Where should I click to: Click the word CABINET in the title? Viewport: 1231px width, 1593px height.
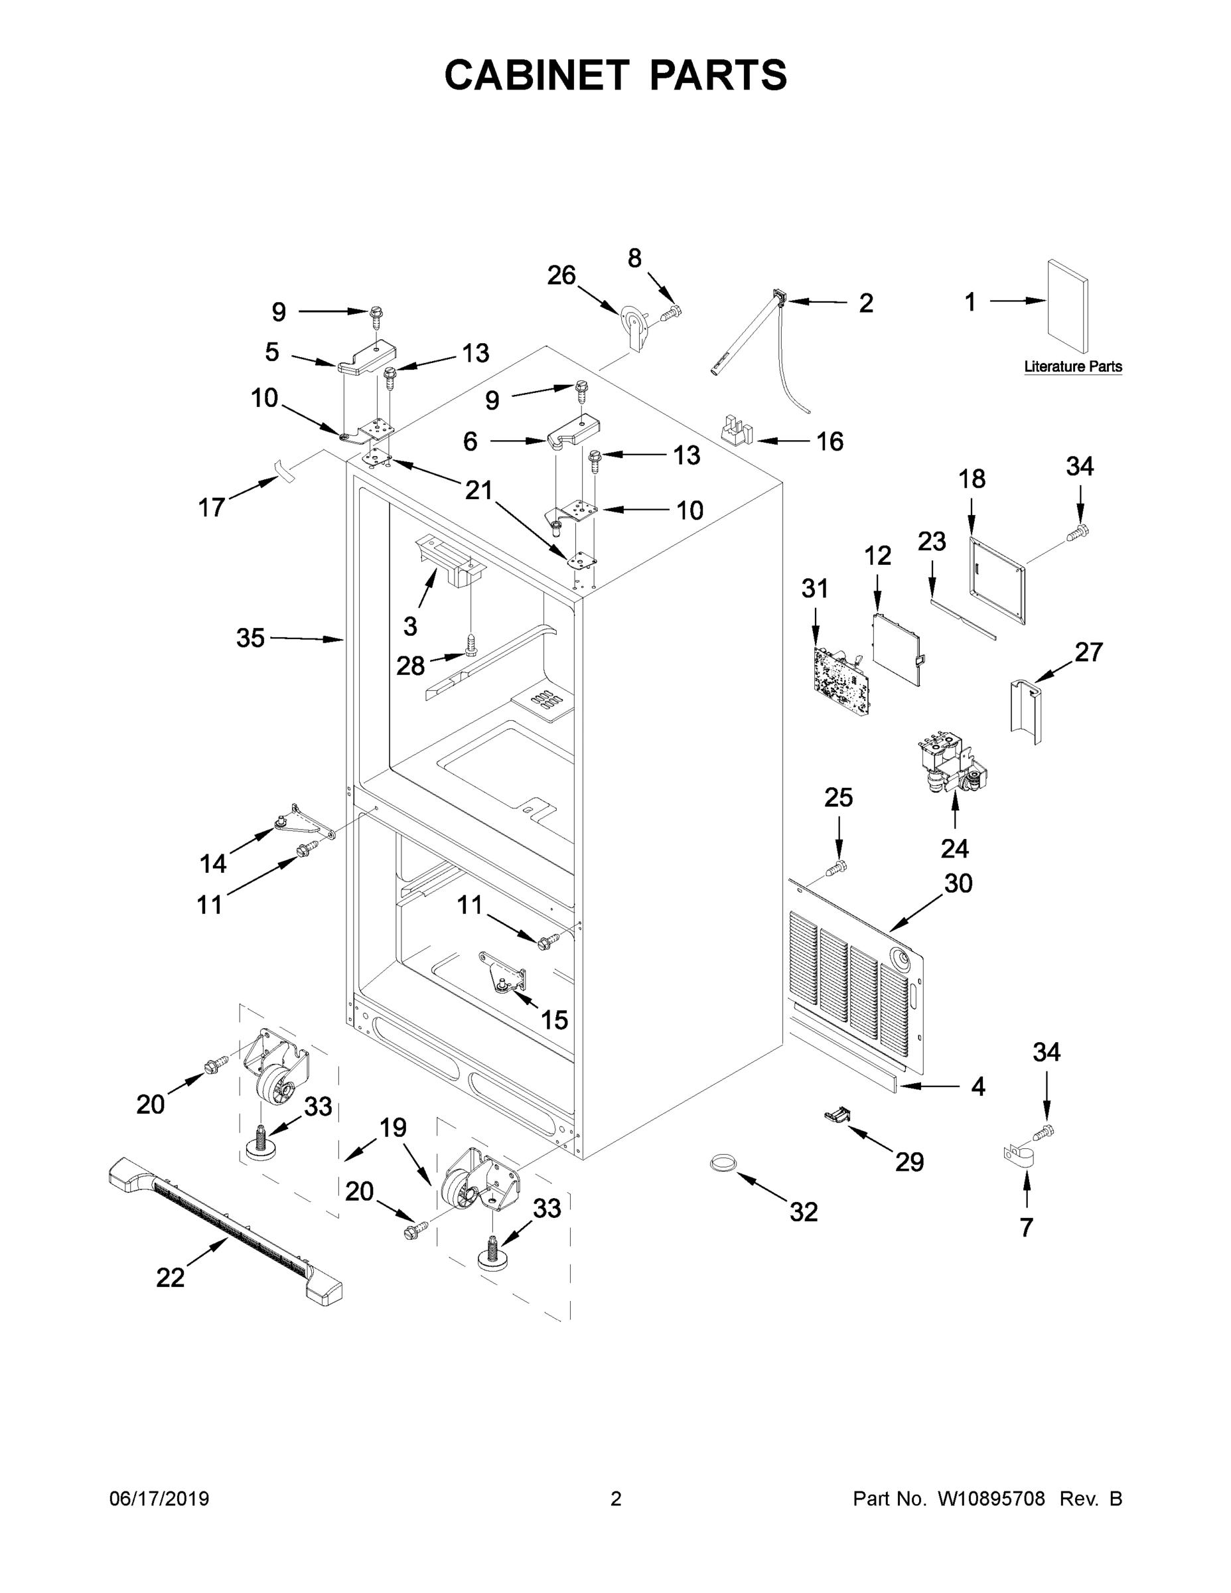coord(537,74)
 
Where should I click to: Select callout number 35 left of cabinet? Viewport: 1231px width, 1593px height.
coord(250,639)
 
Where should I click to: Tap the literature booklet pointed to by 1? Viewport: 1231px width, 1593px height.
coord(1068,307)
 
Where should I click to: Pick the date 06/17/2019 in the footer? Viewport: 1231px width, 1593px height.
coord(159,1499)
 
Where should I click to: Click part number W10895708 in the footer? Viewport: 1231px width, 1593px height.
coord(990,1499)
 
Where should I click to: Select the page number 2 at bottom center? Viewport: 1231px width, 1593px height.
coord(616,1499)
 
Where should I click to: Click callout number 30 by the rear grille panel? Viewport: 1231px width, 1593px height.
coord(958,883)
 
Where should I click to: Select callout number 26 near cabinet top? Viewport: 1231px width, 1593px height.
coord(561,275)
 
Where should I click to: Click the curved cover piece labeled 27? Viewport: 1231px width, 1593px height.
coord(1025,711)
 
